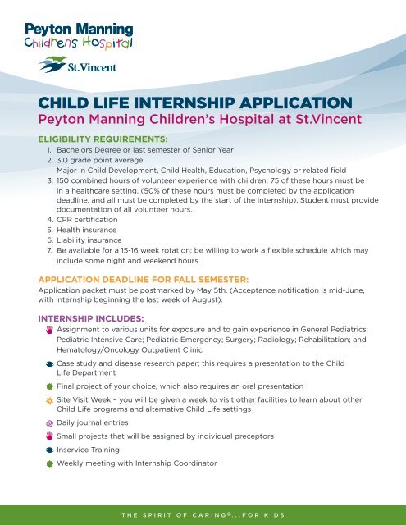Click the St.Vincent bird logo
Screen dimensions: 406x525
52,64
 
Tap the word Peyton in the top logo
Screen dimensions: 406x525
48,30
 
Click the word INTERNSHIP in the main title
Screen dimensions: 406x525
185,103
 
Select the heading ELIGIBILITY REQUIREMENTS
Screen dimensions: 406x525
103,139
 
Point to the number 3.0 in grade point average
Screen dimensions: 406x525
62,160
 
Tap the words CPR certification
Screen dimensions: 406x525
87,220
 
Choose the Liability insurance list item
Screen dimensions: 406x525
89,240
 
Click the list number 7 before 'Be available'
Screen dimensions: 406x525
49,250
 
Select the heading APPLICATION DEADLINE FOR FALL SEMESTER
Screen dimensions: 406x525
144,280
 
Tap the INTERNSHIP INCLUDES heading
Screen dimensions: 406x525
91,318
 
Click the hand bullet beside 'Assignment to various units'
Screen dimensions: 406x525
49,330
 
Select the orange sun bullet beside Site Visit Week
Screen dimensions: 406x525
49,400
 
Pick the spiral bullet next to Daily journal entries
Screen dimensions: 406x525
49,423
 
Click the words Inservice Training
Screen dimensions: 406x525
88,450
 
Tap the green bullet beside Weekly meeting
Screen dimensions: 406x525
49,463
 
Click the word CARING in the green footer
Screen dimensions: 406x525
210,515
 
